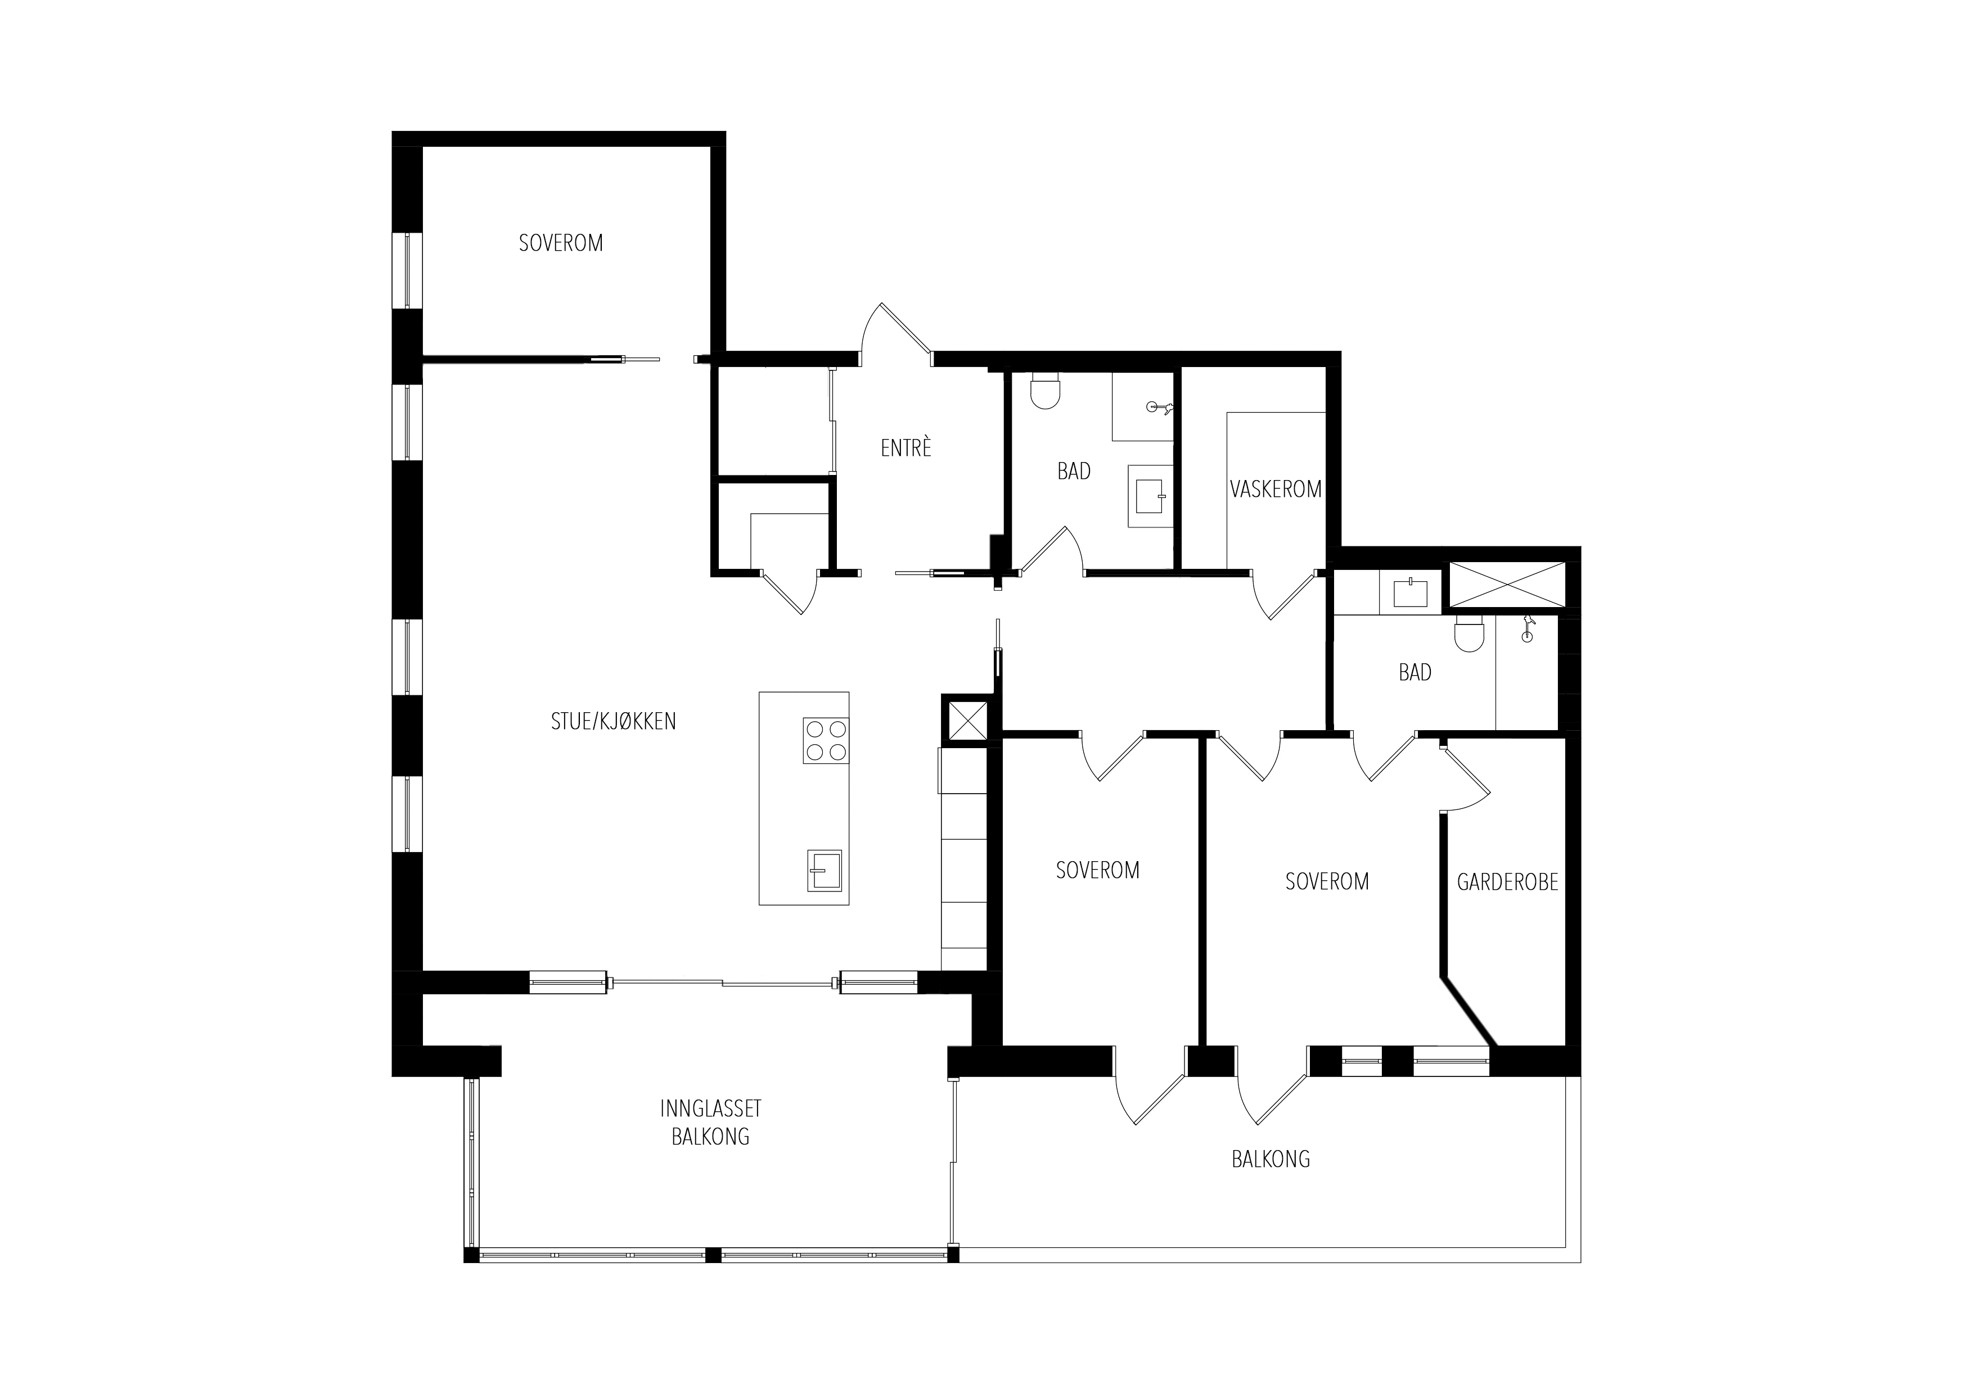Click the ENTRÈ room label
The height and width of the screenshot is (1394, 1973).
(x=906, y=447)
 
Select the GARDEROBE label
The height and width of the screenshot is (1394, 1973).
(x=1507, y=882)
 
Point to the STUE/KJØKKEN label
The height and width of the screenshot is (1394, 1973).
(x=614, y=722)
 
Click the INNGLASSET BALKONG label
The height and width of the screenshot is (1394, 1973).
(x=711, y=1123)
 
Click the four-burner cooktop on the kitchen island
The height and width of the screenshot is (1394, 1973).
(x=826, y=740)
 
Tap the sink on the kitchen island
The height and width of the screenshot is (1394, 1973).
(x=824, y=871)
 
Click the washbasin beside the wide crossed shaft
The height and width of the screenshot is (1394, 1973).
(x=1410, y=592)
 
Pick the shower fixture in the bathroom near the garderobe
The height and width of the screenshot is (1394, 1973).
(x=1526, y=628)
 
